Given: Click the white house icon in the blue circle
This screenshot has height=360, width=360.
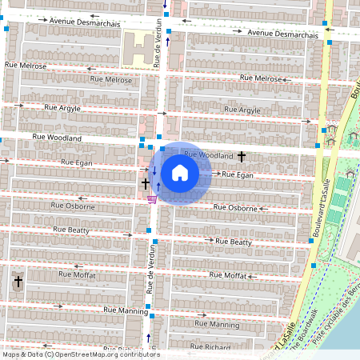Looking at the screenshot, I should coord(180,173).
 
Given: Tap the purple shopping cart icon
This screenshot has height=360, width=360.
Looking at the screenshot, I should coord(152,199).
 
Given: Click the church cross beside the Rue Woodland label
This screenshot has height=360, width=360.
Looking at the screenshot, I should coord(241,156).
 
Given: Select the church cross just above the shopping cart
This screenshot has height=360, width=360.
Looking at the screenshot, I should coord(146,183).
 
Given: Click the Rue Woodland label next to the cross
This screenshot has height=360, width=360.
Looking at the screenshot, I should coord(208,154).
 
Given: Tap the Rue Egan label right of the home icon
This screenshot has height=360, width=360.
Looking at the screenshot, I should coord(237,174).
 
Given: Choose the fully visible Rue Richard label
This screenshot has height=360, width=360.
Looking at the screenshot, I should coord(211,348).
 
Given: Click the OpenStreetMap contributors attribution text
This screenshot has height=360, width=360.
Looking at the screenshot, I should coord(80,354).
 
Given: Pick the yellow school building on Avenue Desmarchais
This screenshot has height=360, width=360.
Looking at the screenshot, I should coord(138,50).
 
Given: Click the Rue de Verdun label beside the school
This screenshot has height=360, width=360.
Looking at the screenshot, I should coord(159,46).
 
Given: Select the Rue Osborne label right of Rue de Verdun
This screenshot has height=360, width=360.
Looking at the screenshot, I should coord(235,208).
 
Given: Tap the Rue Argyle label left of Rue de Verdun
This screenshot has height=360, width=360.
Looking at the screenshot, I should coord(61,106).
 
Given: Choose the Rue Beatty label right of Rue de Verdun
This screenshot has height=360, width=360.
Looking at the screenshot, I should coord(230,242).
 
